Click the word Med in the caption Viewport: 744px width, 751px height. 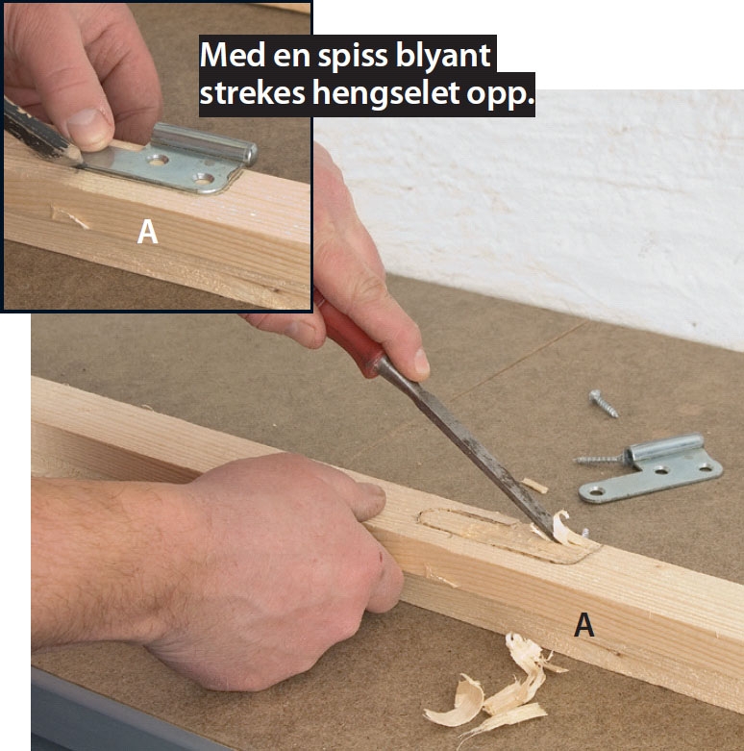pos(233,55)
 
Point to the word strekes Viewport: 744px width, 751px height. pos(252,92)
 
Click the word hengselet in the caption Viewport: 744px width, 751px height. pos(386,93)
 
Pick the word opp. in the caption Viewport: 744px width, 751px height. pos(500,96)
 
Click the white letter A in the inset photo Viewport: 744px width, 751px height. pos(147,232)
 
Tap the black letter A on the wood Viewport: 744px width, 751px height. pos(584,625)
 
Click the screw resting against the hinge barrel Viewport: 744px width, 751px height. pos(600,460)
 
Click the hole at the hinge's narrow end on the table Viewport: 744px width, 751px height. pos(596,491)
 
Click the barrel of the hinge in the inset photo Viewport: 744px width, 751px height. pos(204,142)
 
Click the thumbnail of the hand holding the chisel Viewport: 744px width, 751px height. pos(421,362)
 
